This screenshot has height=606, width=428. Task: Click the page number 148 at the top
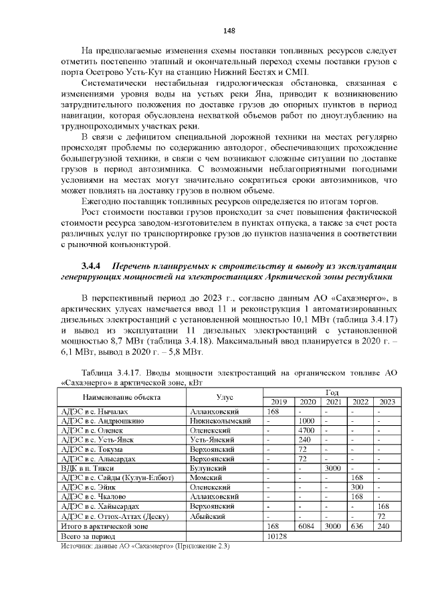coord(229,31)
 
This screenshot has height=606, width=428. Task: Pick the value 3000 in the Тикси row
coord(332,469)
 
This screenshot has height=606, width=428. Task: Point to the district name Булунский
coord(209,469)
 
